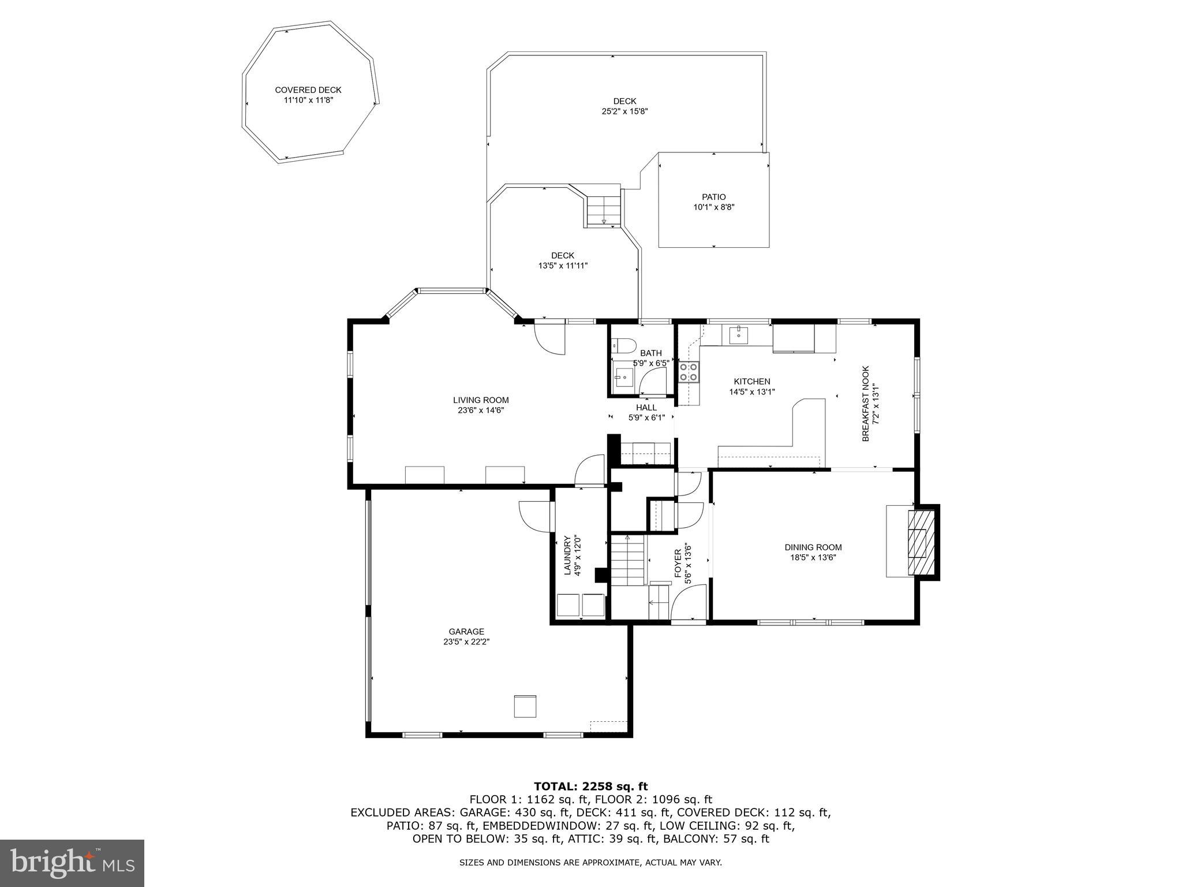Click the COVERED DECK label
308,90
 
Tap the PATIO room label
713,197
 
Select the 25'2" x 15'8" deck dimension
624,111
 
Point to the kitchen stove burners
689,371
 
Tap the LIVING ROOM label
481,400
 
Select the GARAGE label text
466,631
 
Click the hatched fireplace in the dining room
919,542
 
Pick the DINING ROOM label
813,547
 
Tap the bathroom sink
623,378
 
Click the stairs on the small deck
604,211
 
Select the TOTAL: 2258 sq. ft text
590,786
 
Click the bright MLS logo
72,863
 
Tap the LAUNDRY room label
567,556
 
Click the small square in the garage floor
525,706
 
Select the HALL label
646,407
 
